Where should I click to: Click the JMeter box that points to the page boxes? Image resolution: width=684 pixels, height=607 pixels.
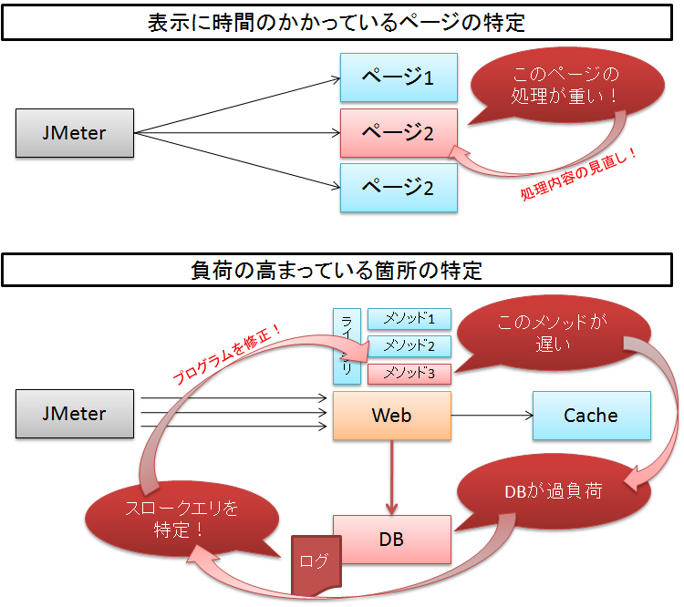click(74, 133)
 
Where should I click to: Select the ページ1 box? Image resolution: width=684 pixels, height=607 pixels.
click(399, 77)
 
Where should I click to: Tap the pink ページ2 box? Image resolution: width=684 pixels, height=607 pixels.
click(399, 133)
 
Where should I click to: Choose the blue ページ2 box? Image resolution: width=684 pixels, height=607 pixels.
click(399, 188)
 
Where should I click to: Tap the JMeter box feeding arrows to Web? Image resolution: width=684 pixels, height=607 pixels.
click(74, 414)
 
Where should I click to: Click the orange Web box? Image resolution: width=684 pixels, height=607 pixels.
click(392, 416)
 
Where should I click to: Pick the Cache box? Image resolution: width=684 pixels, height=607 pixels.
click(591, 416)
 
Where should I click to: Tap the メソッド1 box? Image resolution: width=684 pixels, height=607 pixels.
click(409, 319)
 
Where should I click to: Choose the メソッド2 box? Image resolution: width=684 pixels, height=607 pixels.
click(409, 346)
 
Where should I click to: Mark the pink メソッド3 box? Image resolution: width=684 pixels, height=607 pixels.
click(409, 373)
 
